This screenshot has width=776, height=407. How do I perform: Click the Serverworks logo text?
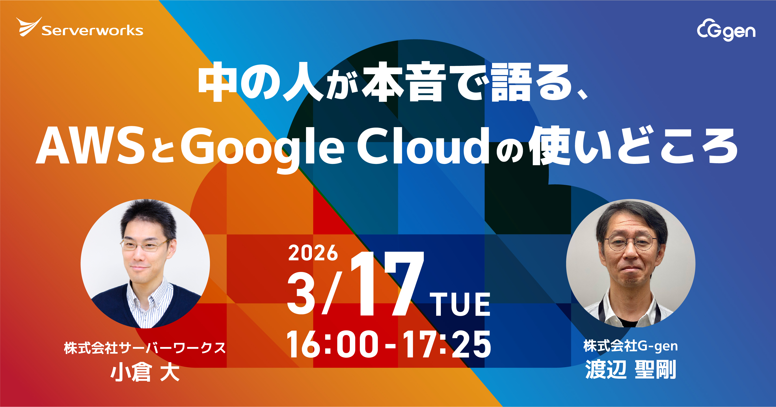pyautogui.click(x=92, y=31)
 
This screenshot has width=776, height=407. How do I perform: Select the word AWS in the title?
pyautogui.click(x=90, y=146)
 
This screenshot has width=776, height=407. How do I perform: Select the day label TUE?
pyautogui.click(x=460, y=305)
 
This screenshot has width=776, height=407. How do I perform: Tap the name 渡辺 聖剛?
pyautogui.click(x=631, y=370)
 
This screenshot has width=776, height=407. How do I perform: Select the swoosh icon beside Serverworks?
pyautogui.click(x=29, y=27)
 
